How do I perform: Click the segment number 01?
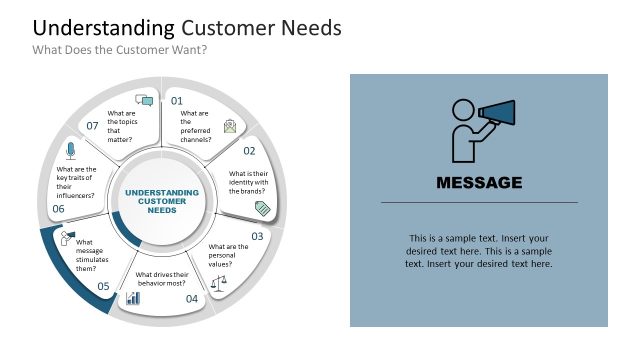(177, 101)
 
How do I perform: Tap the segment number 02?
(250, 151)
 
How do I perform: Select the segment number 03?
(257, 236)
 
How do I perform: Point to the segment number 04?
(192, 298)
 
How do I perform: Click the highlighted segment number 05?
(103, 286)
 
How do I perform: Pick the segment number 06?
(58, 209)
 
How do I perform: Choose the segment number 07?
(92, 126)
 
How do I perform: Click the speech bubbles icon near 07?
(144, 101)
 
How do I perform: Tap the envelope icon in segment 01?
(231, 126)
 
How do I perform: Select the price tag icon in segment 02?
(263, 208)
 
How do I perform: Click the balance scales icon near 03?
(220, 282)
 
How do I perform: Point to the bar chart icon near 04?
(132, 298)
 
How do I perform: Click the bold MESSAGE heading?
(479, 183)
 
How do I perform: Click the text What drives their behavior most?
(167, 279)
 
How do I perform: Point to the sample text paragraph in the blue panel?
(479, 251)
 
